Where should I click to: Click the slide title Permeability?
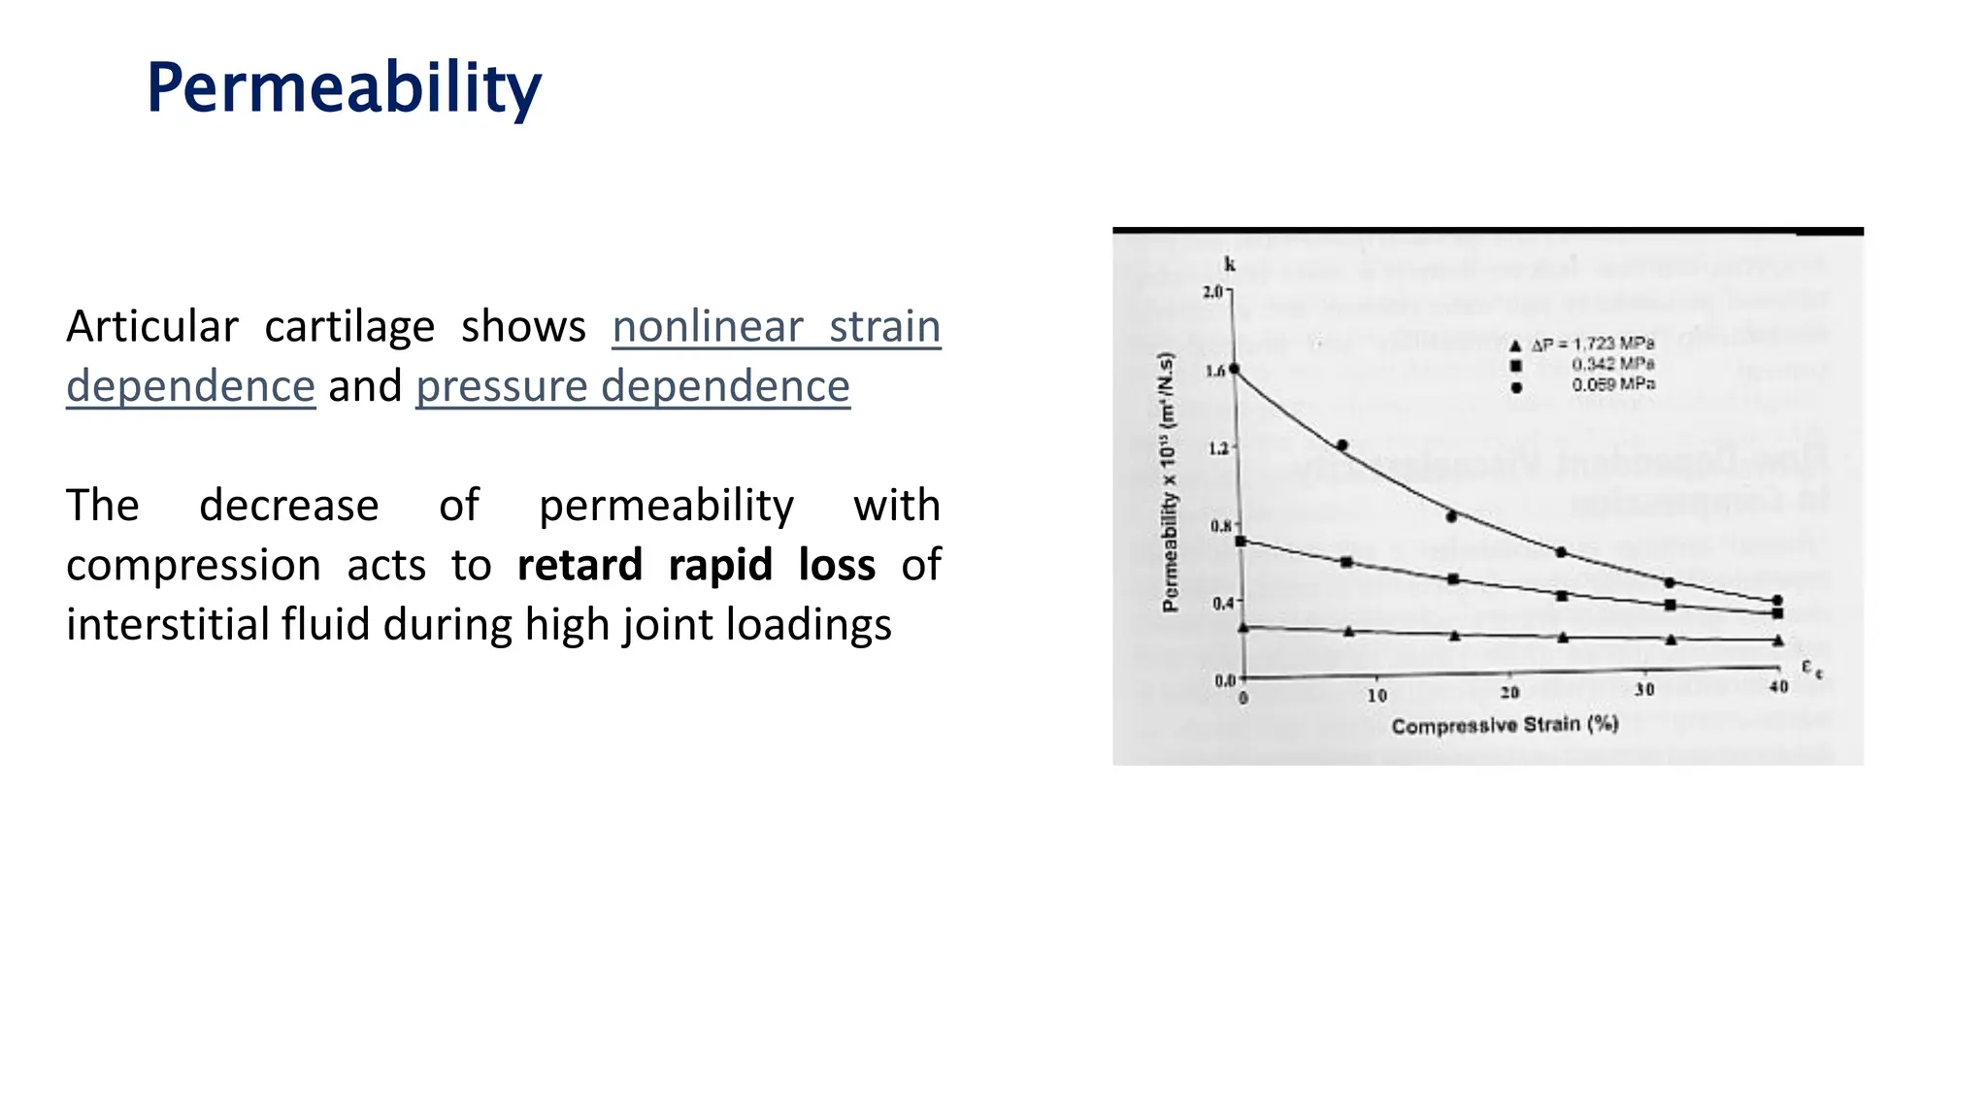tap(344, 88)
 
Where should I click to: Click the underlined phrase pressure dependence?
tap(633, 386)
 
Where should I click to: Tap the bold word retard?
tap(580, 565)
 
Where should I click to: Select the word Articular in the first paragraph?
tap(151, 327)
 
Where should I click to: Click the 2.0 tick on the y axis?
tap(1213, 291)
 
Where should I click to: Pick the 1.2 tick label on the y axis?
tap(1218, 448)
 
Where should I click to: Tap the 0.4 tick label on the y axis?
tap(1221, 603)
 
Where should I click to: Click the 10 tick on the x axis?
tap(1376, 695)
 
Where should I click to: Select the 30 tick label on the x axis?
tap(1644, 690)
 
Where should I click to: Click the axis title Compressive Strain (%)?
tap(1505, 725)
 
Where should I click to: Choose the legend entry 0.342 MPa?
tap(1612, 364)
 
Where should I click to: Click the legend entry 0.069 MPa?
tap(1612, 384)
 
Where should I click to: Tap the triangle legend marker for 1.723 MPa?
tap(1515, 345)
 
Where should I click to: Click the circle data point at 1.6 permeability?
tap(1235, 369)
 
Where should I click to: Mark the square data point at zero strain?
tap(1241, 541)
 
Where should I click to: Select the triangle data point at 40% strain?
tap(1778, 641)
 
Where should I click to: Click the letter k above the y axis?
tap(1230, 264)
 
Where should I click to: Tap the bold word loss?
tap(837, 565)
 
